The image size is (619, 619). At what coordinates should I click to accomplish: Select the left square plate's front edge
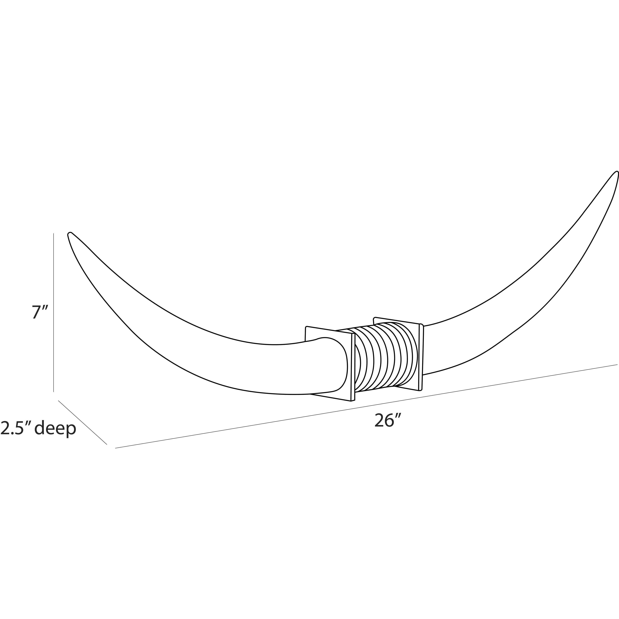click(353, 367)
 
